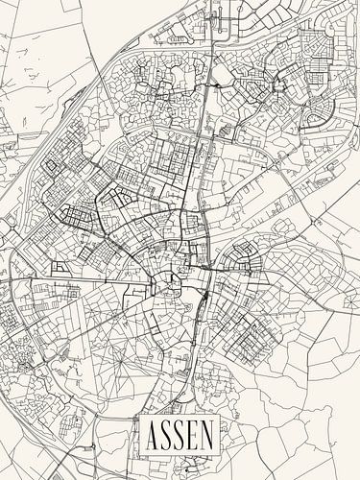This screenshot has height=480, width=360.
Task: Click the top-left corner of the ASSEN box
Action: click(141, 420)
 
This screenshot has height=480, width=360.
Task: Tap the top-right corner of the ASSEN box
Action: click(218, 420)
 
